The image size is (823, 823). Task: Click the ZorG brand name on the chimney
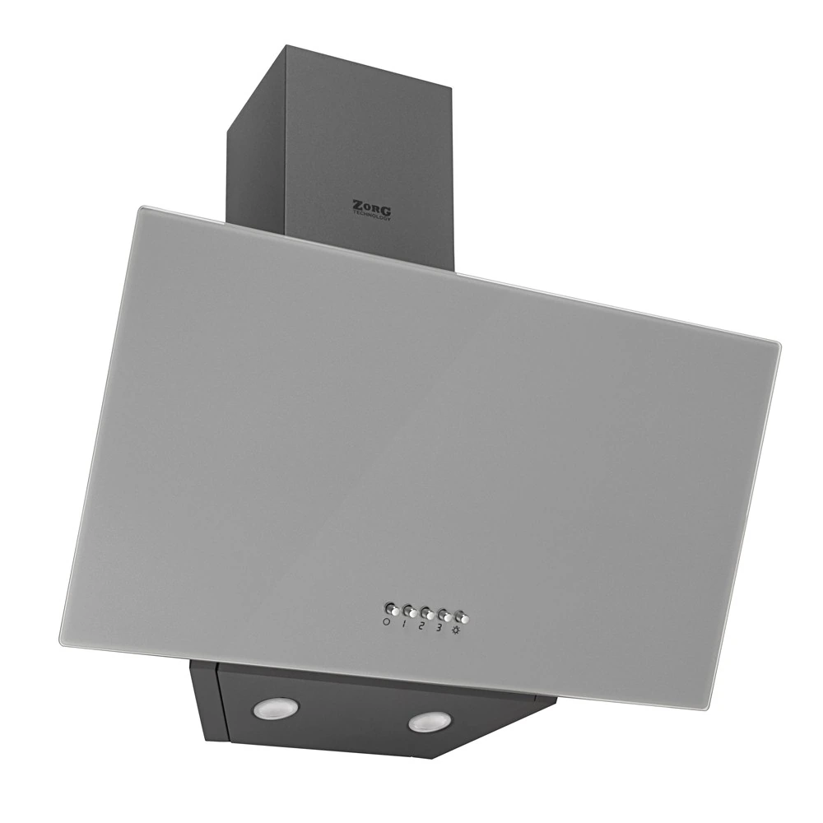click(372, 207)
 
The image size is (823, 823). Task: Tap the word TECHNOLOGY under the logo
click(372, 216)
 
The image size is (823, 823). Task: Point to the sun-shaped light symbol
click(455, 630)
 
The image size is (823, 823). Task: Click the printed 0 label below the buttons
click(386, 622)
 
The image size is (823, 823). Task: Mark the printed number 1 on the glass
click(404, 624)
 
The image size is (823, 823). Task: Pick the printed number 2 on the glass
click(421, 625)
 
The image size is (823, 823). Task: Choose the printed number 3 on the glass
click(439, 627)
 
